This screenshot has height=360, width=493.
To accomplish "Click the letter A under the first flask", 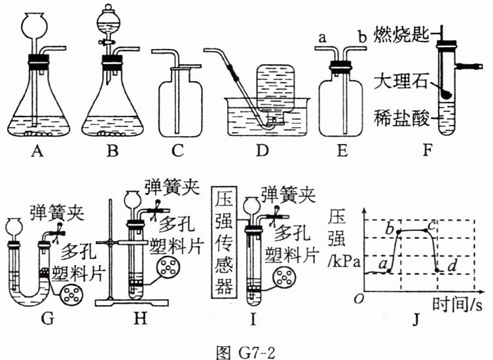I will click(x=37, y=153).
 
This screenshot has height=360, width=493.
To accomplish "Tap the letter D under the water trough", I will click(x=263, y=153).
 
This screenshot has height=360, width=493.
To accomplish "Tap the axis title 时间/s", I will click(x=461, y=304).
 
